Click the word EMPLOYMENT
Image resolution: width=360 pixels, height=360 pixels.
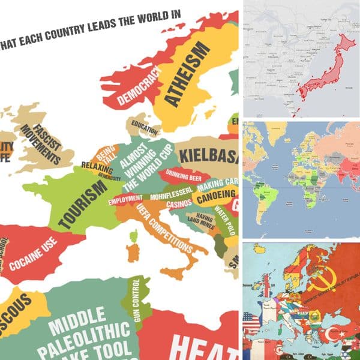[x=125, y=199]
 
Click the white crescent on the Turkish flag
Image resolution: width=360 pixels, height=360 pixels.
[x=329, y=334]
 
